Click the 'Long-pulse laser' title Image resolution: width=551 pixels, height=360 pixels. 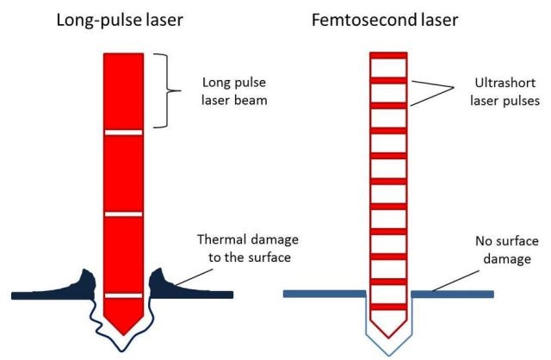pos(120,21)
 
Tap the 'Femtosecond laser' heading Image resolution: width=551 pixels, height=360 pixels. pos(385,20)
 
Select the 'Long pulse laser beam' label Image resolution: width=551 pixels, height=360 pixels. pos(234,91)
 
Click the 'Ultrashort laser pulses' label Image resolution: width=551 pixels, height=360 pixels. pos(505,92)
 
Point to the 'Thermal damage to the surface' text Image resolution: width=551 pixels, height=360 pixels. pos(248,248)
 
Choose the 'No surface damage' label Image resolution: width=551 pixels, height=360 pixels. pos(507,250)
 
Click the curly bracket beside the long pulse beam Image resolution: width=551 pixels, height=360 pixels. pos(167,90)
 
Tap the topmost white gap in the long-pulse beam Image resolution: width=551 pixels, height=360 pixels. pos(124,133)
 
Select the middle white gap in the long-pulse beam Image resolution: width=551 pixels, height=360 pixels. pos(124,214)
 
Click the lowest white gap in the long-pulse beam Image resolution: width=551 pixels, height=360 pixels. pos(124,295)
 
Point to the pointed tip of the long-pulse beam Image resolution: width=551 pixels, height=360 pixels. pos(123,335)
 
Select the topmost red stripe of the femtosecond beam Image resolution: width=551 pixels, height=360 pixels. pos(388,55)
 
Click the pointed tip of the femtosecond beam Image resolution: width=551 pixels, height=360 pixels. pos(388,338)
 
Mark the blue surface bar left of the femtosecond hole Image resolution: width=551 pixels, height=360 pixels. pos(325,294)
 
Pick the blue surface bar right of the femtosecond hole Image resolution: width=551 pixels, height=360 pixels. pos(453,294)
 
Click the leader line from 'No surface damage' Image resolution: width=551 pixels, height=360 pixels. pos(455,281)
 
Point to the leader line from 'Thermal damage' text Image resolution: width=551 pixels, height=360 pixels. pos(195,277)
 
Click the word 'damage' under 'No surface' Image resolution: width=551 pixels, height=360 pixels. pos(507,259)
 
